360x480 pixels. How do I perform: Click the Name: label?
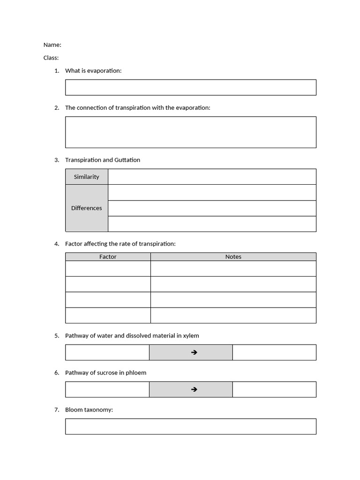click(52, 45)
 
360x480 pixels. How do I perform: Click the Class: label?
click(51, 58)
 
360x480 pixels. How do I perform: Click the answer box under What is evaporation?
click(190, 88)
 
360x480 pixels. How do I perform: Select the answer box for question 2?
click(190, 132)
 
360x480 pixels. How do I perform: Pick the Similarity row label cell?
click(87, 177)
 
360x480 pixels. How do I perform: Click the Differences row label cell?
click(87, 208)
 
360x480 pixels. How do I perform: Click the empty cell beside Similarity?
click(212, 177)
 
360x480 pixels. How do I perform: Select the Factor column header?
click(108, 257)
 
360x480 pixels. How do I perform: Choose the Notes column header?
click(233, 257)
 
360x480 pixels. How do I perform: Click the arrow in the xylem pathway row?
click(194, 352)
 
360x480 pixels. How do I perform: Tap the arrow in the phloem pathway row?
click(194, 390)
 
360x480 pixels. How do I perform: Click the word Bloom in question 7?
click(74, 410)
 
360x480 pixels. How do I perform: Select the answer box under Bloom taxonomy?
click(190, 427)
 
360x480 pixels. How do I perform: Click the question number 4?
click(56, 244)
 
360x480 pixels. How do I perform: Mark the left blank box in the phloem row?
click(107, 390)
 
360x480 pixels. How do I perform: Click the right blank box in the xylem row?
click(274, 352)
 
